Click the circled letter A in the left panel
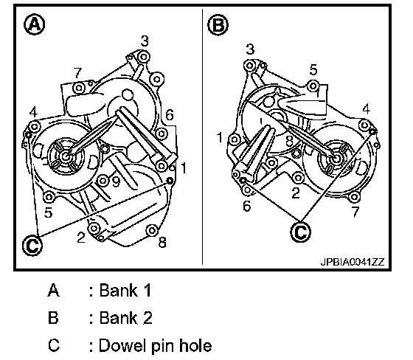coord(34,25)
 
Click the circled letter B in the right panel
coord(218,25)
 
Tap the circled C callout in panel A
coord(32,246)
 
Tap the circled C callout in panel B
coord(301,232)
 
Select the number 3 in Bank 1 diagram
coord(145,41)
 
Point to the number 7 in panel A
coord(77,73)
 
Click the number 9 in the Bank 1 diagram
coord(116,182)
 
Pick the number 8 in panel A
coord(162,242)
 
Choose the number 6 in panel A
coord(170,115)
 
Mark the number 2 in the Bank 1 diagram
coord(81,238)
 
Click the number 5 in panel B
coord(313,70)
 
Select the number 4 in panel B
coord(366,109)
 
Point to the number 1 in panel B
coord(220,137)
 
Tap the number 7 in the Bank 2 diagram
coord(355,212)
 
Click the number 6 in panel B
coord(246,206)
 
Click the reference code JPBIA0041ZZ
coord(353,262)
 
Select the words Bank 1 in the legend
coord(125,291)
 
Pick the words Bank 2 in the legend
coord(126,317)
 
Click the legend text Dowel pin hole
coord(155,345)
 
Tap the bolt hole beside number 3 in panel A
coord(143,57)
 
